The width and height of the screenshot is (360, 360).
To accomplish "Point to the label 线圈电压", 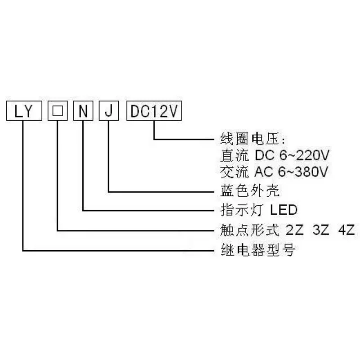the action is coord(250,139).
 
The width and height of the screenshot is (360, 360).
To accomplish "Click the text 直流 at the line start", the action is coord(234,155).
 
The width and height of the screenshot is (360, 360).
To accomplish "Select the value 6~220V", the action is coord(304,155).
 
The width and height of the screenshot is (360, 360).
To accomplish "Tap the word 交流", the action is coord(234,172).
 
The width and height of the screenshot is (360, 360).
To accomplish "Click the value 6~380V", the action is coord(303,172).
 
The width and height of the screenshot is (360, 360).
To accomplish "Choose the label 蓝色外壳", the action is coord(250,190).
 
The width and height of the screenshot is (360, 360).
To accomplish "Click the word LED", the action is coord(283,210).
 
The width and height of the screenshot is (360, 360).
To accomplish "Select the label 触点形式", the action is coord(250,230).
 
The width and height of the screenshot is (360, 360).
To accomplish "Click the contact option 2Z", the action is coord(295,230).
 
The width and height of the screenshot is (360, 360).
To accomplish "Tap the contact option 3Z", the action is coord(321,230).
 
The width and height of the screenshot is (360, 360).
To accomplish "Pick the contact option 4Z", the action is coord(346,230).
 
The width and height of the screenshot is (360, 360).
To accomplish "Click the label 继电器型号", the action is coord(257,250).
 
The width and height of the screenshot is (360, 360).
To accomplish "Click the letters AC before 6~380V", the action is coord(264,172).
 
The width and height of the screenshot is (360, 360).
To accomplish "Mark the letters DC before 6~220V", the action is coord(265,155).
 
